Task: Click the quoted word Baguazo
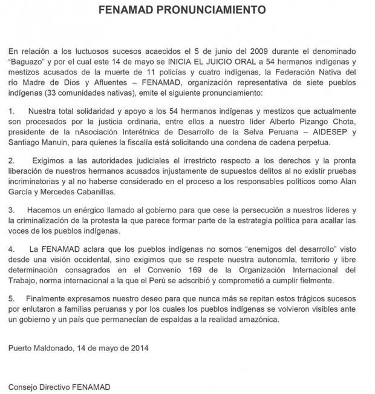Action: (x=30, y=61)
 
